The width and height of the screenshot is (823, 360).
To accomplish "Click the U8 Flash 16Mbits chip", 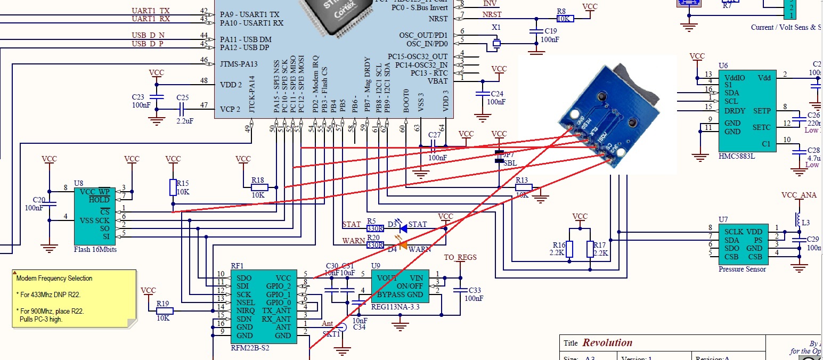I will coord(92,216).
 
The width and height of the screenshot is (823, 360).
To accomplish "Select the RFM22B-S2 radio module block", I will coord(263,306).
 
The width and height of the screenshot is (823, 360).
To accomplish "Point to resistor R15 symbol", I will coord(173,187).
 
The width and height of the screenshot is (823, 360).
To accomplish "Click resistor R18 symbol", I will coord(259,187).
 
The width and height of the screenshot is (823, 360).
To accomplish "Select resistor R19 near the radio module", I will coord(164,311).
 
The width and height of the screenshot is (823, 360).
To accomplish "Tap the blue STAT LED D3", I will coord(403,228).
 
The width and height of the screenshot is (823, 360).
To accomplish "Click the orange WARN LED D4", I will coord(403,245).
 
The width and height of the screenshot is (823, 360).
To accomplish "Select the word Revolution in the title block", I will coord(607,343).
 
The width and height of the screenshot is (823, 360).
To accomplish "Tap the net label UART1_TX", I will coord(151,11).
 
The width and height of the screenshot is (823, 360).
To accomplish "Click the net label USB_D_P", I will coord(148,44).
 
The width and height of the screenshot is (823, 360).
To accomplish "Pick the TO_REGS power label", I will coord(460,258).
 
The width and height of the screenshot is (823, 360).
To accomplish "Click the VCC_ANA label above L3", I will coord(798,195).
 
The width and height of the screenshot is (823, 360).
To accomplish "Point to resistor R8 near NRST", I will coord(565,19).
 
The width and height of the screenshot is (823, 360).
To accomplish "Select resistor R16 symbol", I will coord(569,249).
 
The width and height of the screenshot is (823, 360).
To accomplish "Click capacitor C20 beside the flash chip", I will coord(49,204).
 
